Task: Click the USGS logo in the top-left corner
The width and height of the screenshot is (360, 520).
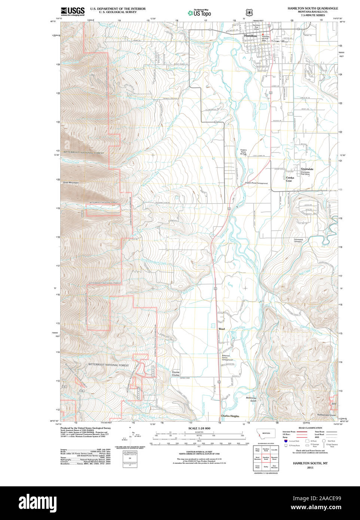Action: [73, 11]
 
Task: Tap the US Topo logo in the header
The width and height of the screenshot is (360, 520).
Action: [199, 13]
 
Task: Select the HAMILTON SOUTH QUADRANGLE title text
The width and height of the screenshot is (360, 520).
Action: [312, 8]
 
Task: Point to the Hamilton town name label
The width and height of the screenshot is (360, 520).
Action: [250, 36]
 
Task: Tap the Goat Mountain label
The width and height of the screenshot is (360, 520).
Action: [71, 183]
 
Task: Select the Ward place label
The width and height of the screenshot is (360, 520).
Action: [222, 329]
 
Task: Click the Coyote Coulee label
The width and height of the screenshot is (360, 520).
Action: [176, 373]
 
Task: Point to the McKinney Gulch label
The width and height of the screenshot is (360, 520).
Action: [251, 399]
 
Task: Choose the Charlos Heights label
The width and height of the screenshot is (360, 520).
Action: [230, 416]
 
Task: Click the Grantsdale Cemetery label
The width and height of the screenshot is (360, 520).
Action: [298, 241]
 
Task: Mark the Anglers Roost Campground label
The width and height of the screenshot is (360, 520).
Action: [256, 183]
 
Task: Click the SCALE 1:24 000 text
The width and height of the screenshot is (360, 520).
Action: [199, 428]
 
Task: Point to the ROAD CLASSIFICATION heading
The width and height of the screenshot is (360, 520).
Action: [310, 428]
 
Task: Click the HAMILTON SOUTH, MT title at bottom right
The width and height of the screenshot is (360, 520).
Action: [310, 463]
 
